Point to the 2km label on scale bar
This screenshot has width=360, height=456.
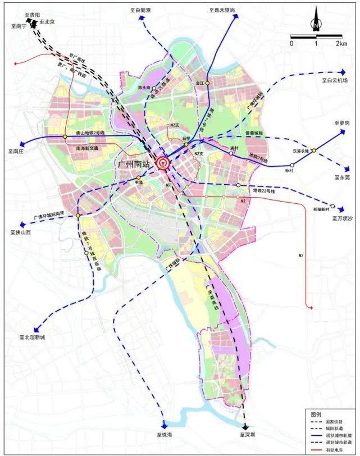coord(340,43)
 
